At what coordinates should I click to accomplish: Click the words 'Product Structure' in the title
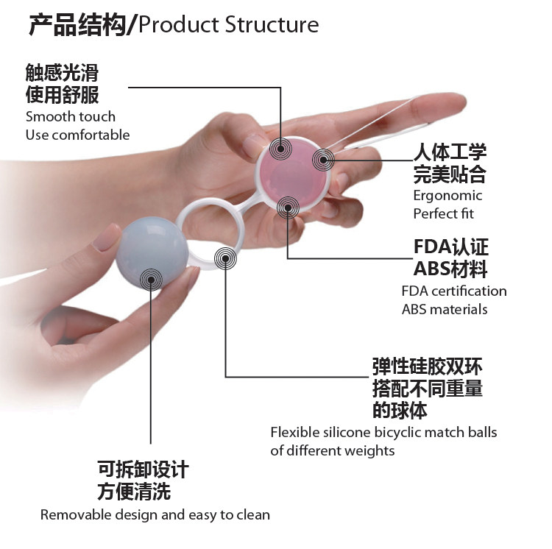(x=229, y=25)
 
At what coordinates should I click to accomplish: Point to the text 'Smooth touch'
(x=71, y=116)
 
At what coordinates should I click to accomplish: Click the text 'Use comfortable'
(x=77, y=135)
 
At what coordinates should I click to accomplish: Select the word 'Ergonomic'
(x=447, y=196)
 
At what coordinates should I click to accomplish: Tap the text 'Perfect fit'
(x=444, y=214)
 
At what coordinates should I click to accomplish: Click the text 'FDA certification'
(x=454, y=291)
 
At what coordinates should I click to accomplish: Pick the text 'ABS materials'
(x=445, y=309)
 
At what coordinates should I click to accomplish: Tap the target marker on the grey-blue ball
(x=152, y=277)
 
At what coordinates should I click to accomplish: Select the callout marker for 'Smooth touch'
(x=280, y=148)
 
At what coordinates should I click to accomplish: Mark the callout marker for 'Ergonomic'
(x=325, y=158)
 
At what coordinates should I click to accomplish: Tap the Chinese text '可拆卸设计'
(x=143, y=470)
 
